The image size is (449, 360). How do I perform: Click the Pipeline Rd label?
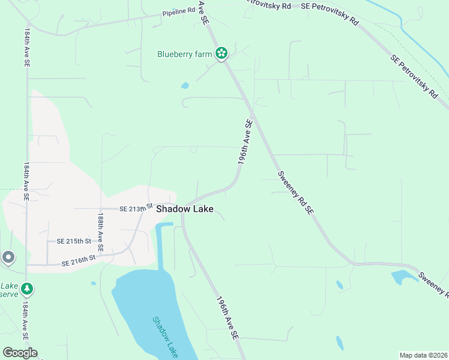[x=179, y=11]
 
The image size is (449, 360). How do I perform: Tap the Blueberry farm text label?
[x=185, y=54]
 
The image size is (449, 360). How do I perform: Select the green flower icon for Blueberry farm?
[x=221, y=54]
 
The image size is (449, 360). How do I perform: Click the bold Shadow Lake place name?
[x=184, y=209]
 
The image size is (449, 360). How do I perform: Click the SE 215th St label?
[x=73, y=241]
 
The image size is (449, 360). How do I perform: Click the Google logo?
[x=20, y=353]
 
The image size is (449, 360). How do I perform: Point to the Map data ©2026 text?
[x=424, y=355]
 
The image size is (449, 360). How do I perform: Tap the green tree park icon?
[x=26, y=289]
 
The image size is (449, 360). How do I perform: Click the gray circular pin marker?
[x=8, y=257]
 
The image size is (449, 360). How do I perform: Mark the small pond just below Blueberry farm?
[x=185, y=85]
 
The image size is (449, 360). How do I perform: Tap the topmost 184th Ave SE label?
[x=27, y=49]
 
